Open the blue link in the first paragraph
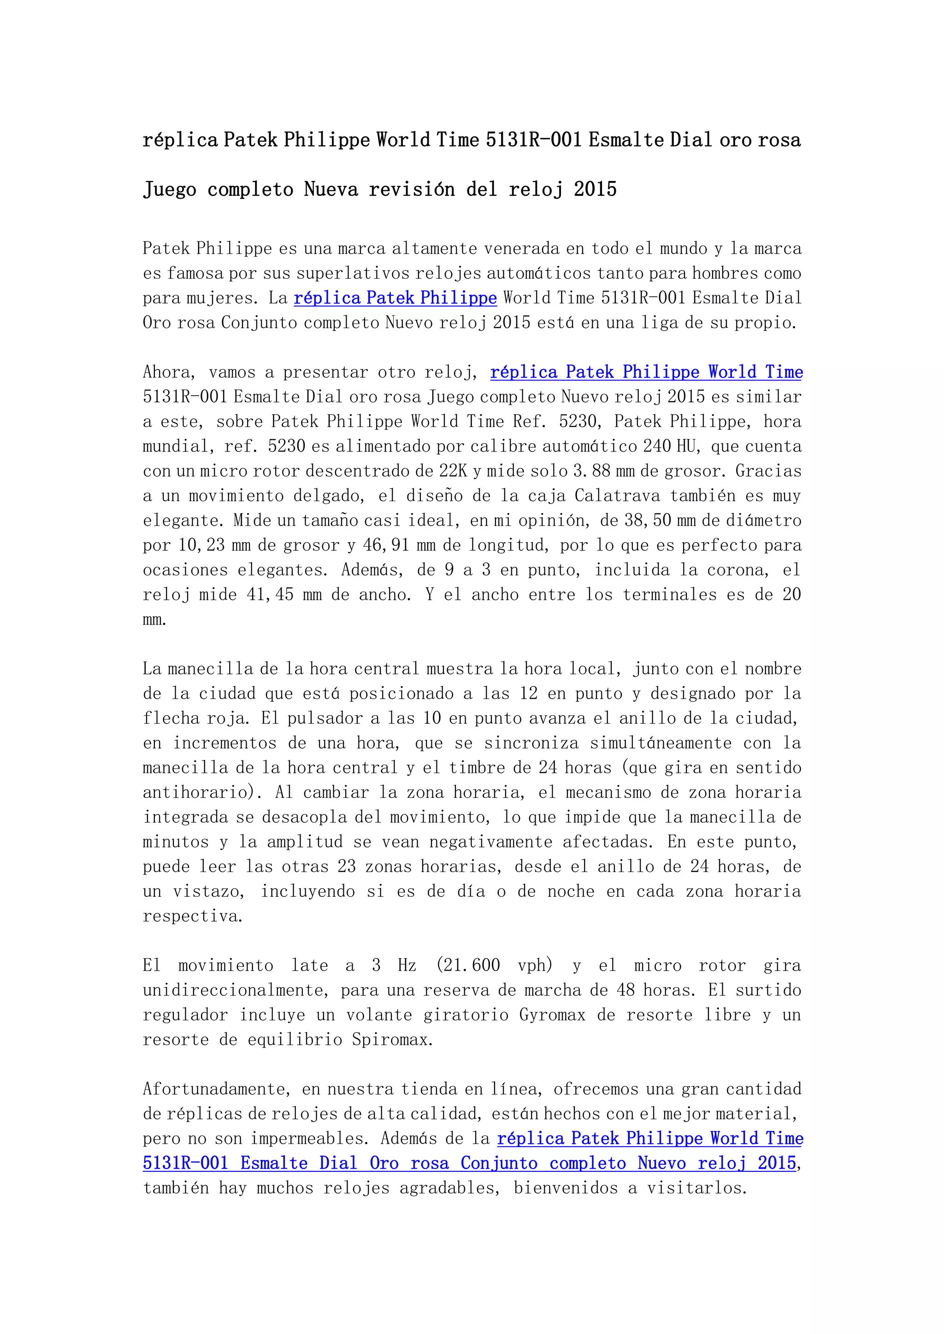point(395,298)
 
